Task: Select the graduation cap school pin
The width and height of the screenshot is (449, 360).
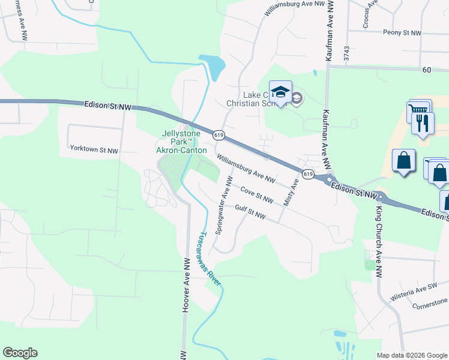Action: click(x=280, y=92)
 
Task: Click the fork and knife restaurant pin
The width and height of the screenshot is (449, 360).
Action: click(x=423, y=123)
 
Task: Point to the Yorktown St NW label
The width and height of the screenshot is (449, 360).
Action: click(x=94, y=148)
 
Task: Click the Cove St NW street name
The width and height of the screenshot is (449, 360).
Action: click(x=257, y=195)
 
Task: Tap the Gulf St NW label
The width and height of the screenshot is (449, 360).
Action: click(x=250, y=212)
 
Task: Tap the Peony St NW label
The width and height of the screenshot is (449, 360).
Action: click(x=402, y=33)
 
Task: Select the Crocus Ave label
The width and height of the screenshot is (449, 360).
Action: click(x=369, y=13)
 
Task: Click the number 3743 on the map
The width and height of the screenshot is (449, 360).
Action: click(x=346, y=55)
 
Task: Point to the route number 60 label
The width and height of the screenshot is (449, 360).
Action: click(x=427, y=70)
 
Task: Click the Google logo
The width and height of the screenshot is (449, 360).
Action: click(x=20, y=353)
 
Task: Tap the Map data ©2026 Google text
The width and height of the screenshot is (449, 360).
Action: click(x=411, y=355)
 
